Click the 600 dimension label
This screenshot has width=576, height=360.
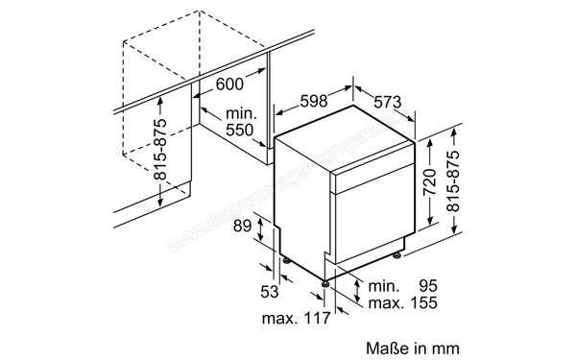coord(228,84)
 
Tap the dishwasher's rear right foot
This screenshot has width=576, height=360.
coord(396,257)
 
